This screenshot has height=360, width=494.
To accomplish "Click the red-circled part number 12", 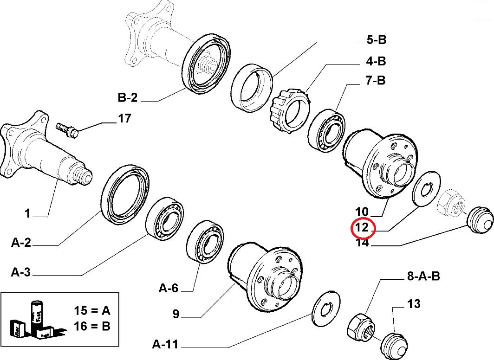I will pos(362,228).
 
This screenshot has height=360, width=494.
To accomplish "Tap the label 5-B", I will pos(376,40).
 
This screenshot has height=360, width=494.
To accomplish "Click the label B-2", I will pos(128,98).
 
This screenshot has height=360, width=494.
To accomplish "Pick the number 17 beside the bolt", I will pos(124,119).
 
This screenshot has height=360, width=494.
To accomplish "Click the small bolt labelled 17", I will pos(68,129).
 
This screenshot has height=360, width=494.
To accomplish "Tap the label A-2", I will pos(21,242).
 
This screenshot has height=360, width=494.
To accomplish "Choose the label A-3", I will pos(21,272).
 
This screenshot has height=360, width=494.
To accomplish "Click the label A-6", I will pos(169,289).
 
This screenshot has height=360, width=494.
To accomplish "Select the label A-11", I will pos(165,345).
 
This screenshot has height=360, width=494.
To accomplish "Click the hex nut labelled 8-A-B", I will pos(361,327).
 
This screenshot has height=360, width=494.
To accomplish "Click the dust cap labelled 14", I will pos(478,220).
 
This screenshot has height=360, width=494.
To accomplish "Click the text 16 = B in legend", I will pos(92,326).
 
